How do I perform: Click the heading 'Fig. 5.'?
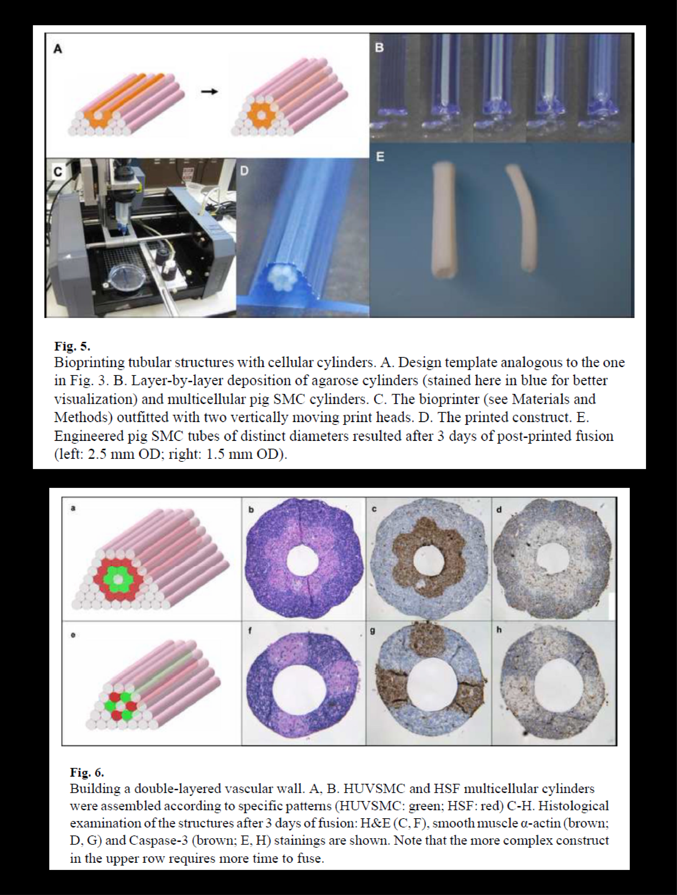pyautogui.click(x=72, y=346)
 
